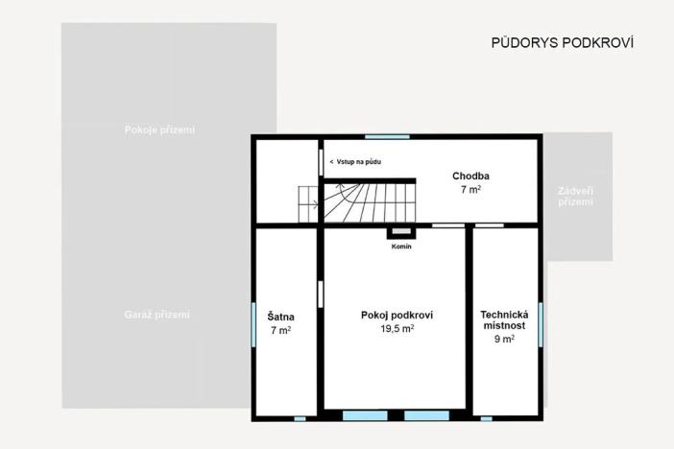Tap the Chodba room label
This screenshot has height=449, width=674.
click(x=471, y=177)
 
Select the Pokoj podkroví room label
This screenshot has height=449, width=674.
click(x=397, y=316)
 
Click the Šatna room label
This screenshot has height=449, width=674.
click(x=281, y=317)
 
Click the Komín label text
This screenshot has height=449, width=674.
click(x=401, y=248)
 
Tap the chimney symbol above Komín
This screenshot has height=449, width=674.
click(x=400, y=233)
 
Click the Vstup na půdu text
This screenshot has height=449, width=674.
click(x=356, y=162)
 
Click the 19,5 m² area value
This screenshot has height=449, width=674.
click(x=397, y=329)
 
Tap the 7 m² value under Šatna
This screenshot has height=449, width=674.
click(x=281, y=330)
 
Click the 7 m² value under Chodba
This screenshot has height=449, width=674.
click(x=471, y=190)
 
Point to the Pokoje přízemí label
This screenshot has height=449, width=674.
click(x=159, y=130)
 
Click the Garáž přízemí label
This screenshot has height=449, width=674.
click(x=157, y=315)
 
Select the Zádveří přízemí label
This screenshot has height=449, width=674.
click(x=575, y=197)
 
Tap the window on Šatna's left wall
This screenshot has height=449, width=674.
click(x=254, y=316)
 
